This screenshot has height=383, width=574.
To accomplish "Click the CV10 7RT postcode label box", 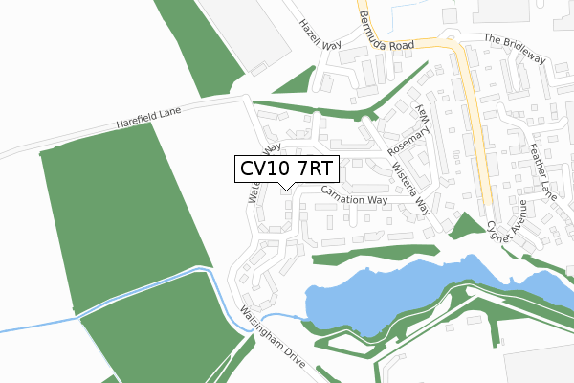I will coord(285,169).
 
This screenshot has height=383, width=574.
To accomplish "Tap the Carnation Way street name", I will coord(354,195).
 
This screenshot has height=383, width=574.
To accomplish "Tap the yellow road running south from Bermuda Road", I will coord(475,124).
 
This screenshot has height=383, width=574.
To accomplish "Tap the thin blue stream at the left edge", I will coord(38,324).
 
